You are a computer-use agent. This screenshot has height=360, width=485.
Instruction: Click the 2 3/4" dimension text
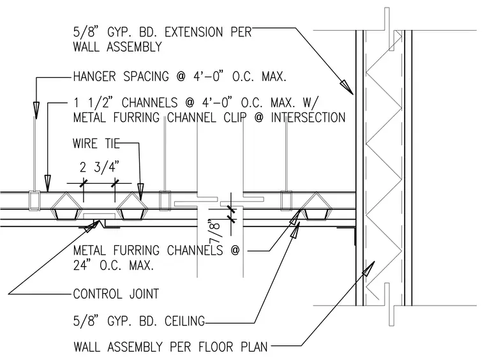99,167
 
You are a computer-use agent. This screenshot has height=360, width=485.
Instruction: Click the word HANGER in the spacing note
94,77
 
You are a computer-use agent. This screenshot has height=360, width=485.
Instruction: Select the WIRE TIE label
96,144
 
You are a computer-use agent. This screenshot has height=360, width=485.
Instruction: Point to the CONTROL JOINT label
116,294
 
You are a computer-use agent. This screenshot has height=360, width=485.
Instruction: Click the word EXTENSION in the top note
193,32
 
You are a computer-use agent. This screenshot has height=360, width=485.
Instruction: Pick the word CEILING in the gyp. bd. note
184,321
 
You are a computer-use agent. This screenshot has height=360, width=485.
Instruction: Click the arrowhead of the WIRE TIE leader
141,191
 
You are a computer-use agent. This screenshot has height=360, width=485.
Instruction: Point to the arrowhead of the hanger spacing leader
36,110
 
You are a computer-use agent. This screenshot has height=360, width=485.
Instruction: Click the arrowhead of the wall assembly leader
368,269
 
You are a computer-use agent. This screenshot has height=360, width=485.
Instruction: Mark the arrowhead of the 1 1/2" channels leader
47,183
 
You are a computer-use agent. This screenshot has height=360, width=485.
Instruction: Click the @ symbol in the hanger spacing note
181,77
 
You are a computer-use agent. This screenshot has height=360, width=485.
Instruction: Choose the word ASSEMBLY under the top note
134,47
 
